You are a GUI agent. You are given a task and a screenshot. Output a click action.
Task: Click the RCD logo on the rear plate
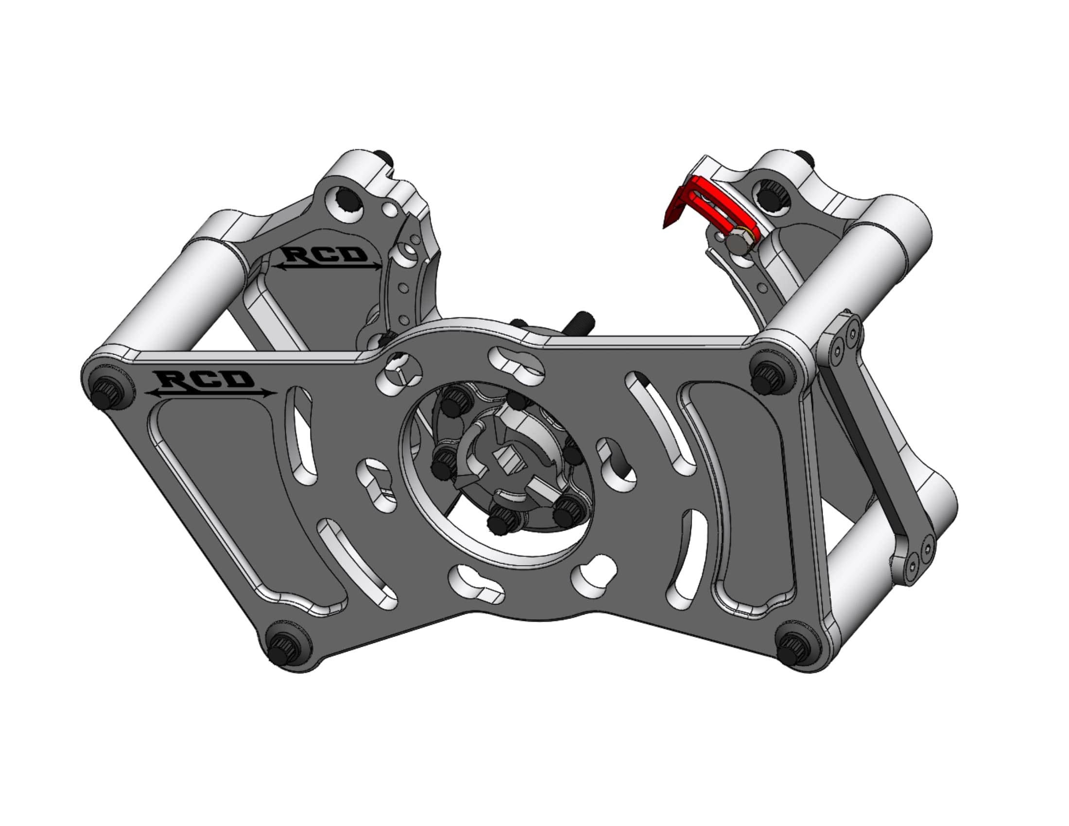(x=327, y=258)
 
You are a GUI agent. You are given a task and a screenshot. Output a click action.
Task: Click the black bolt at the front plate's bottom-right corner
(x=793, y=649)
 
